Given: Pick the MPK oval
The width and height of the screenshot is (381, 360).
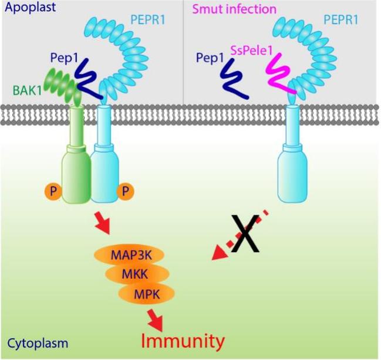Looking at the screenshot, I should point(146,293).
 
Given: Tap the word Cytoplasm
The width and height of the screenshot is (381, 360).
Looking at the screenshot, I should point(35,342).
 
